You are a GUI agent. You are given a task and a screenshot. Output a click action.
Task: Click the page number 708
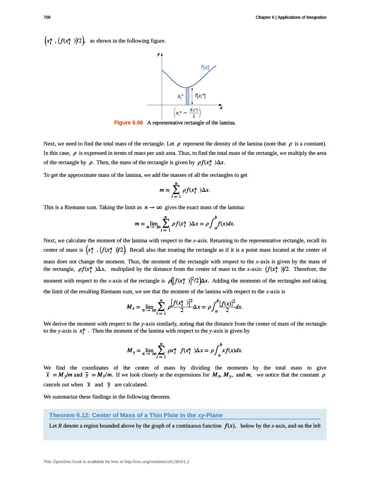coord(47,17)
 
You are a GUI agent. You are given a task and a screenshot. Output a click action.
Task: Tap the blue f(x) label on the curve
coord(205,67)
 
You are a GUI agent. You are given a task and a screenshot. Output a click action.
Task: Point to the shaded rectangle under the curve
coord(188,96)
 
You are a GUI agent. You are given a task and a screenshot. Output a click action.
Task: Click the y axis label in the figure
coord(158,54)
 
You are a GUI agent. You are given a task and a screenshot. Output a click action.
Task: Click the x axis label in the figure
coord(221,108)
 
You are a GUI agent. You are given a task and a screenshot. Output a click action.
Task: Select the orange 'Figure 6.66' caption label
coord(129,123)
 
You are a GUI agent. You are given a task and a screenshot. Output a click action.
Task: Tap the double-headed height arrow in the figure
coord(192,96)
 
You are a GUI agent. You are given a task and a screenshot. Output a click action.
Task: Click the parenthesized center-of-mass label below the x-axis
coord(187,113)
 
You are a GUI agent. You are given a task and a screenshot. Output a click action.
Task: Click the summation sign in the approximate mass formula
coord(177,190)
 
